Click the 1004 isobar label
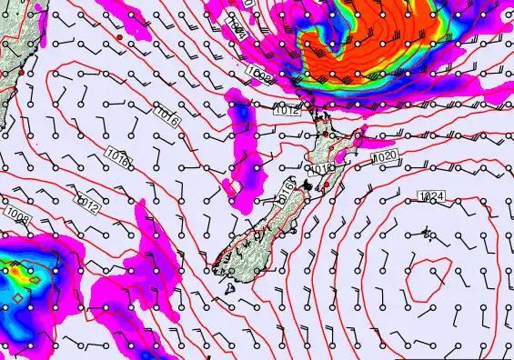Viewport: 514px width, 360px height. (x=235, y=31)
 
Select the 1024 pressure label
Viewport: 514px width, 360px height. (x=431, y=196)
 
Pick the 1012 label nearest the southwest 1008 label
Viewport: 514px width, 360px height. (x=88, y=203)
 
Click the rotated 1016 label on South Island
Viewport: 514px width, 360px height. (x=285, y=195)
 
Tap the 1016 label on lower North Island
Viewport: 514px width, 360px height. (x=322, y=168)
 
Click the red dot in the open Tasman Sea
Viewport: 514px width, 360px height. (x=119, y=38)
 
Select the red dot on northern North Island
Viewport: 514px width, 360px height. (x=326, y=135)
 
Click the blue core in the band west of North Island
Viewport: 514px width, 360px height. (x=242, y=113)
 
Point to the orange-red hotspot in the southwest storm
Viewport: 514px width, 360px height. (x=13, y=270)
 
